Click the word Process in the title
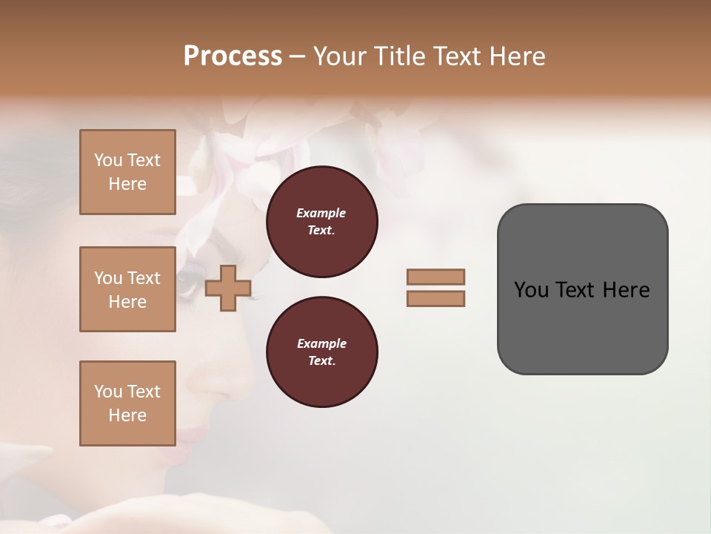[x=233, y=56]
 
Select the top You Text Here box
[x=127, y=172]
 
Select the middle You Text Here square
[x=127, y=289]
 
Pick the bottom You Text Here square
[x=127, y=403]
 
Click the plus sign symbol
[x=227, y=288]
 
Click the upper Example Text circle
[x=321, y=222]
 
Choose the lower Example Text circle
[x=321, y=352]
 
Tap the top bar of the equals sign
[x=435, y=277]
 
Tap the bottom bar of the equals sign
[x=435, y=299]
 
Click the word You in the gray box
[x=530, y=290]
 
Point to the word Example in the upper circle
[x=321, y=214]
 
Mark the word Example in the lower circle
[x=321, y=344]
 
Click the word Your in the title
[x=342, y=56]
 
